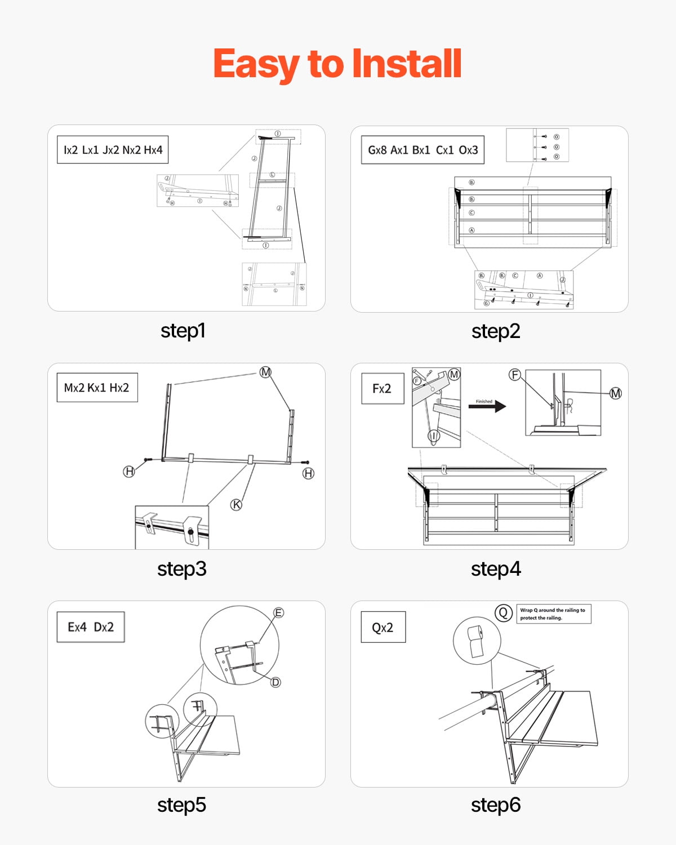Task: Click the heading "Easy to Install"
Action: click(337, 64)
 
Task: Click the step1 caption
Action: click(183, 331)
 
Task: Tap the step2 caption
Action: click(495, 331)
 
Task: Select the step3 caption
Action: click(181, 569)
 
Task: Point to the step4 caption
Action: click(495, 569)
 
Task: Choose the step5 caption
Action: click(181, 805)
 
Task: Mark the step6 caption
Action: click(495, 805)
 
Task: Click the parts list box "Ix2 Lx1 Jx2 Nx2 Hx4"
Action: click(113, 150)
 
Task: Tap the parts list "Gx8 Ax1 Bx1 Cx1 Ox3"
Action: click(422, 150)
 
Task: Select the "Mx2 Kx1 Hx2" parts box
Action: click(97, 388)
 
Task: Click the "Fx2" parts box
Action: click(382, 388)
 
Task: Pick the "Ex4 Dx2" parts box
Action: click(91, 627)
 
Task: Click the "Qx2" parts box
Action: click(383, 628)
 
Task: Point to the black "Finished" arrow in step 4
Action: click(488, 406)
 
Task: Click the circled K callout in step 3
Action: click(237, 505)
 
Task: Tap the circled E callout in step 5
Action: click(278, 613)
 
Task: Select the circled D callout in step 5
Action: click(275, 682)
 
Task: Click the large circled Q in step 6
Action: click(503, 613)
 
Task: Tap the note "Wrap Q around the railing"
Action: click(553, 614)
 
